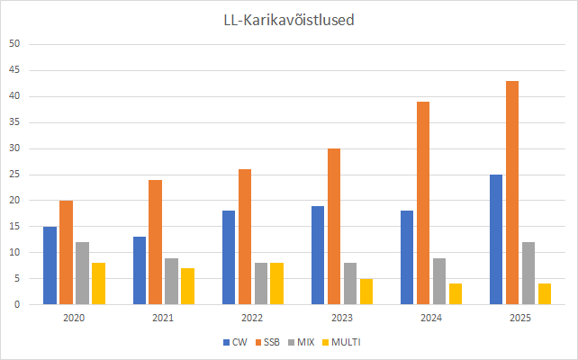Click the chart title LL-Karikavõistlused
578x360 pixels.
click(x=288, y=20)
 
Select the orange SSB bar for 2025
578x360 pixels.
click(x=511, y=193)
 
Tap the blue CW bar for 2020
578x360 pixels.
click(x=50, y=265)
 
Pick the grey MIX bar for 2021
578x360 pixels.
click(x=170, y=281)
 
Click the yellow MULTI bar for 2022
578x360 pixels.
click(x=276, y=283)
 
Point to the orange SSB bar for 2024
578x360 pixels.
click(x=422, y=203)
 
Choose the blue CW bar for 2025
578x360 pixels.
click(x=495, y=239)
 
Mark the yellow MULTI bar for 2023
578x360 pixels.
click(x=366, y=292)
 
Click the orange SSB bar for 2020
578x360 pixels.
click(x=66, y=253)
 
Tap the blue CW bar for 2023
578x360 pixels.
click(x=317, y=255)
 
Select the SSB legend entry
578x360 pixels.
click(x=267, y=342)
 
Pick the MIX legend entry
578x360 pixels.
click(x=303, y=342)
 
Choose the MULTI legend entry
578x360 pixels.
click(x=342, y=342)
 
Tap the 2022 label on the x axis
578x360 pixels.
click(x=253, y=318)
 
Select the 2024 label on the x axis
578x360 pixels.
click(x=430, y=318)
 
